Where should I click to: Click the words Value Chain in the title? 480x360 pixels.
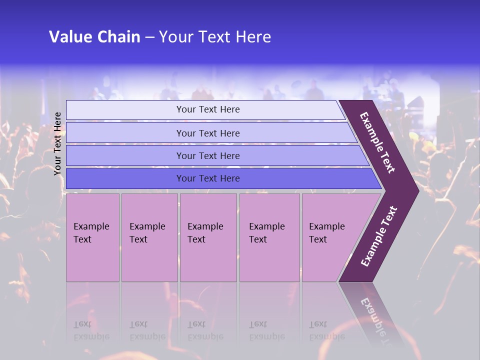94,37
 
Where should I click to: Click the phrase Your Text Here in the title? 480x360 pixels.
215,37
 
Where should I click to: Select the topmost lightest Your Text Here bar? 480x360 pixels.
208,109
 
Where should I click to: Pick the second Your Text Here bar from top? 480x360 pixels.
208,133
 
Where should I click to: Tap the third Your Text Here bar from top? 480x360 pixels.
208,155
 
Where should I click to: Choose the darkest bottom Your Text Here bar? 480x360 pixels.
208,178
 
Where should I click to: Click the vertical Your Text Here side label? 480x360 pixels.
57,143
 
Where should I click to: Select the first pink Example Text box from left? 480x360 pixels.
92,237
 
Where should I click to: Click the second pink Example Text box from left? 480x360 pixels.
149,237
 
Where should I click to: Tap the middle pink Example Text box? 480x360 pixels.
208,237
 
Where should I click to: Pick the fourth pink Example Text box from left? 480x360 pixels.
269,237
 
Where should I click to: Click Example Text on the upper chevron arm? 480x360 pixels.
378,142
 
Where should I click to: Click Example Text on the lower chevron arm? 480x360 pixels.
379,236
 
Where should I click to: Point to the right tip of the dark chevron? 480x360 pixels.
417,190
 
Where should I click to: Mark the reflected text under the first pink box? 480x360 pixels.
91,330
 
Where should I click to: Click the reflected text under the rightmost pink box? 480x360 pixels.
327,330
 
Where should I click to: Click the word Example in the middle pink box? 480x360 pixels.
205,226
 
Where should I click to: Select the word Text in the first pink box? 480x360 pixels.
82,239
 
